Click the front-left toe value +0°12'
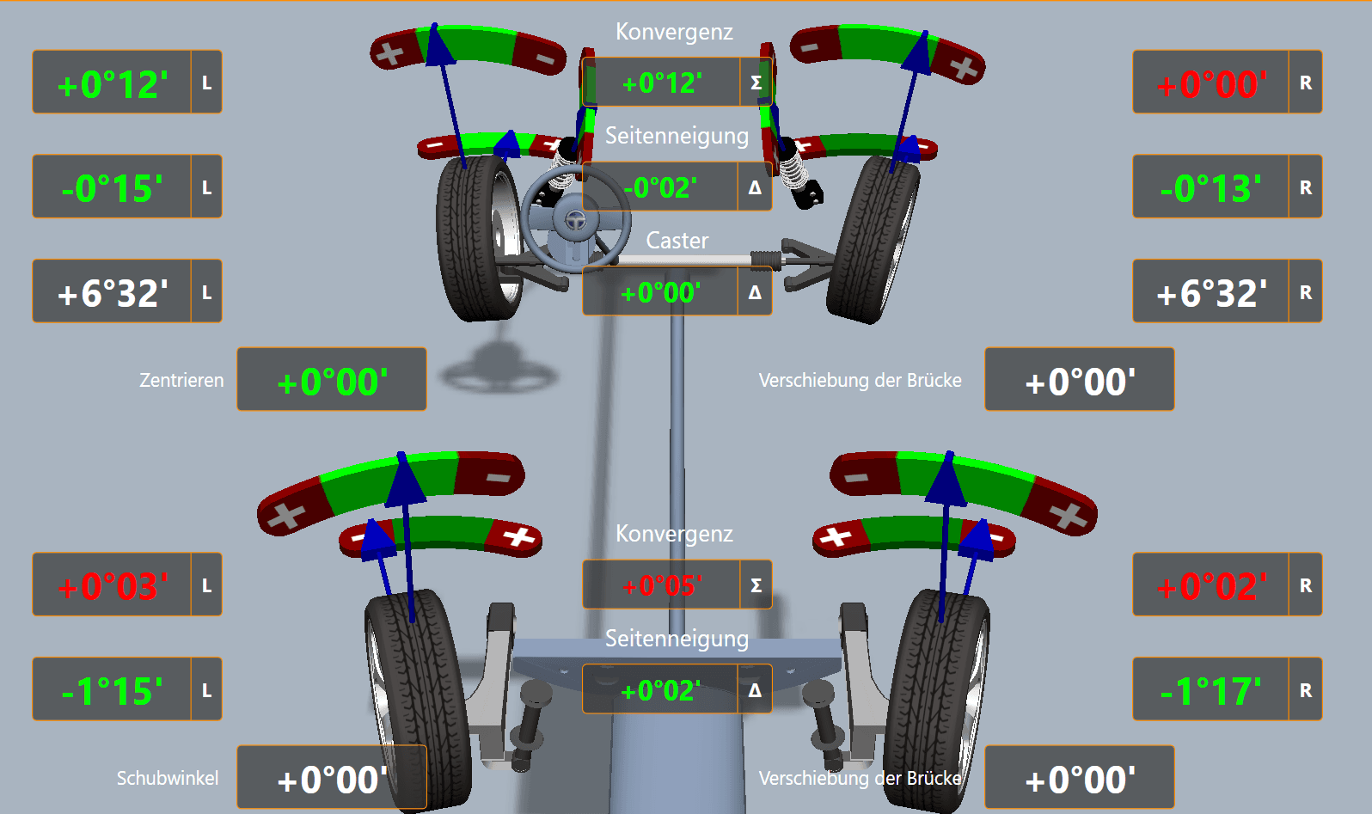(x=112, y=83)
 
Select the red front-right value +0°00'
(x=1210, y=83)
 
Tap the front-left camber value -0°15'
(x=112, y=187)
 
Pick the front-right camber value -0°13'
(x=1210, y=187)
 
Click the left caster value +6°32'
(x=112, y=292)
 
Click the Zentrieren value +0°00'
(x=332, y=380)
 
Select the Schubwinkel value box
(x=332, y=778)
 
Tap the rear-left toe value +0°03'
(x=112, y=585)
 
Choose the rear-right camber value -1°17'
(x=1210, y=690)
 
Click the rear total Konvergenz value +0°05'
(x=661, y=585)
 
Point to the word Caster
(x=677, y=241)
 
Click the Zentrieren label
(x=181, y=380)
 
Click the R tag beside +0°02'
(x=1305, y=585)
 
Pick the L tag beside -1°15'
(x=206, y=690)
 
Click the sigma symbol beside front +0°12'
(x=756, y=83)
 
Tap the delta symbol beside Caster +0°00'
(x=755, y=292)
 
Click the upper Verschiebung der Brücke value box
(x=1080, y=380)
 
